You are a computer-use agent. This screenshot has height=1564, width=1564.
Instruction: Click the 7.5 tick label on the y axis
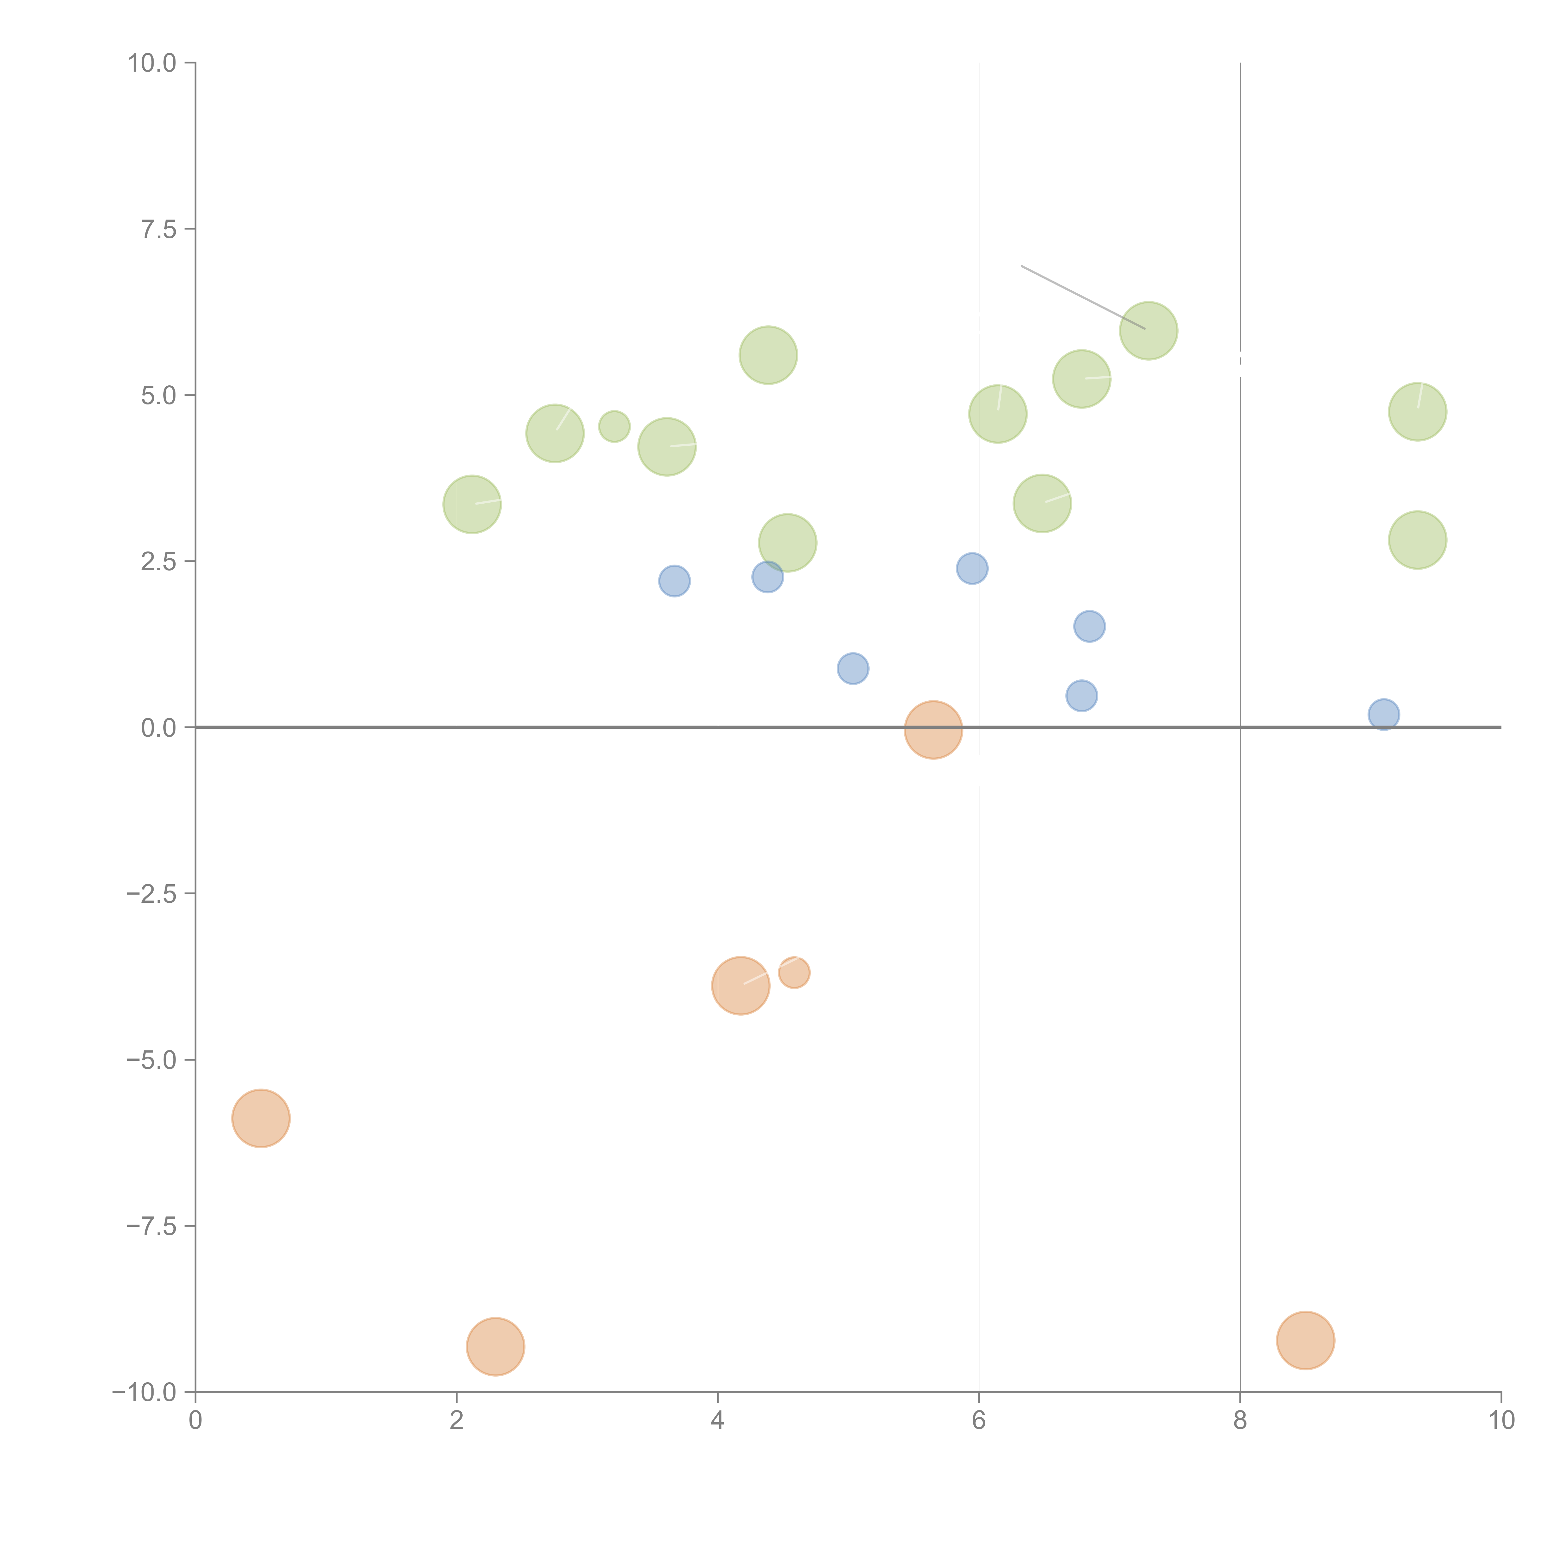pos(159,229)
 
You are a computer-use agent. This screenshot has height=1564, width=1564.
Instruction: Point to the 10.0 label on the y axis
pos(152,63)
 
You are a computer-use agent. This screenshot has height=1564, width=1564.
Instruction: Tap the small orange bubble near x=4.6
pos(794,972)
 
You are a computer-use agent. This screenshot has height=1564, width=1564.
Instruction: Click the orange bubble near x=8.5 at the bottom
pos(1305,1341)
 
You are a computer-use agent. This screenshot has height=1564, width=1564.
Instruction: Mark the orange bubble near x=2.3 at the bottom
pos(495,1347)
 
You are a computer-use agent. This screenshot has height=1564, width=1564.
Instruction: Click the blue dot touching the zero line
pos(1384,714)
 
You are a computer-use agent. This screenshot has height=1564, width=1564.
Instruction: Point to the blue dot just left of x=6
pos(972,568)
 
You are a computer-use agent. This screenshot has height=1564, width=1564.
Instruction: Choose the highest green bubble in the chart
pos(1148,330)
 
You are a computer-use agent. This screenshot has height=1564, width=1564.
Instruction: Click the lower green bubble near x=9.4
pos(1417,540)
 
